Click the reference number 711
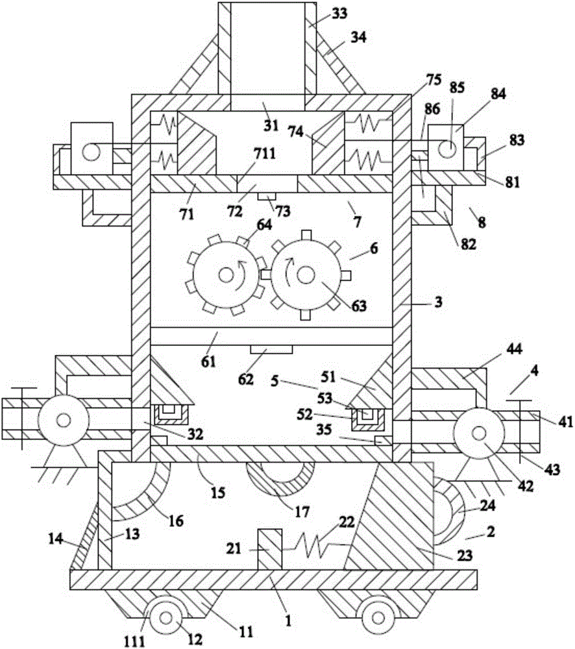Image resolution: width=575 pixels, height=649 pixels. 265,154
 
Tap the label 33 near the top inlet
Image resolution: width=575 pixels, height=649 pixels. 339,14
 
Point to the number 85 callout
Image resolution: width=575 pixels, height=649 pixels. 457,88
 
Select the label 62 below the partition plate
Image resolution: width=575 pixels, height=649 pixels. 245,379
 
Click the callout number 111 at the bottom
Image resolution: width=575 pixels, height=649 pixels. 134,641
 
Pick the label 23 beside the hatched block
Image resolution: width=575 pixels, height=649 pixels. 464,555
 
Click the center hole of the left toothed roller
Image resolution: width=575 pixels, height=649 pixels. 226,275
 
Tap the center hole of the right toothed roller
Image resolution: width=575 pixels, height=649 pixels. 306,275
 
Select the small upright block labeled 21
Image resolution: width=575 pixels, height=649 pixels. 269,549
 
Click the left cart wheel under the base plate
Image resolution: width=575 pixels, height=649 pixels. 165,618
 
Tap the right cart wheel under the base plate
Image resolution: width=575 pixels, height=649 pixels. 378,618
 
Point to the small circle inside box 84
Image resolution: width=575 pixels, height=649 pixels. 447,149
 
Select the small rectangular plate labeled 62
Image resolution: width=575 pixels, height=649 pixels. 271,349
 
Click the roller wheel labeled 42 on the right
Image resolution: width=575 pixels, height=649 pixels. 479,434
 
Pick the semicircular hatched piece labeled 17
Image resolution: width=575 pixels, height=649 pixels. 280,480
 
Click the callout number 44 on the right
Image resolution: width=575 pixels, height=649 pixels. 513,349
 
